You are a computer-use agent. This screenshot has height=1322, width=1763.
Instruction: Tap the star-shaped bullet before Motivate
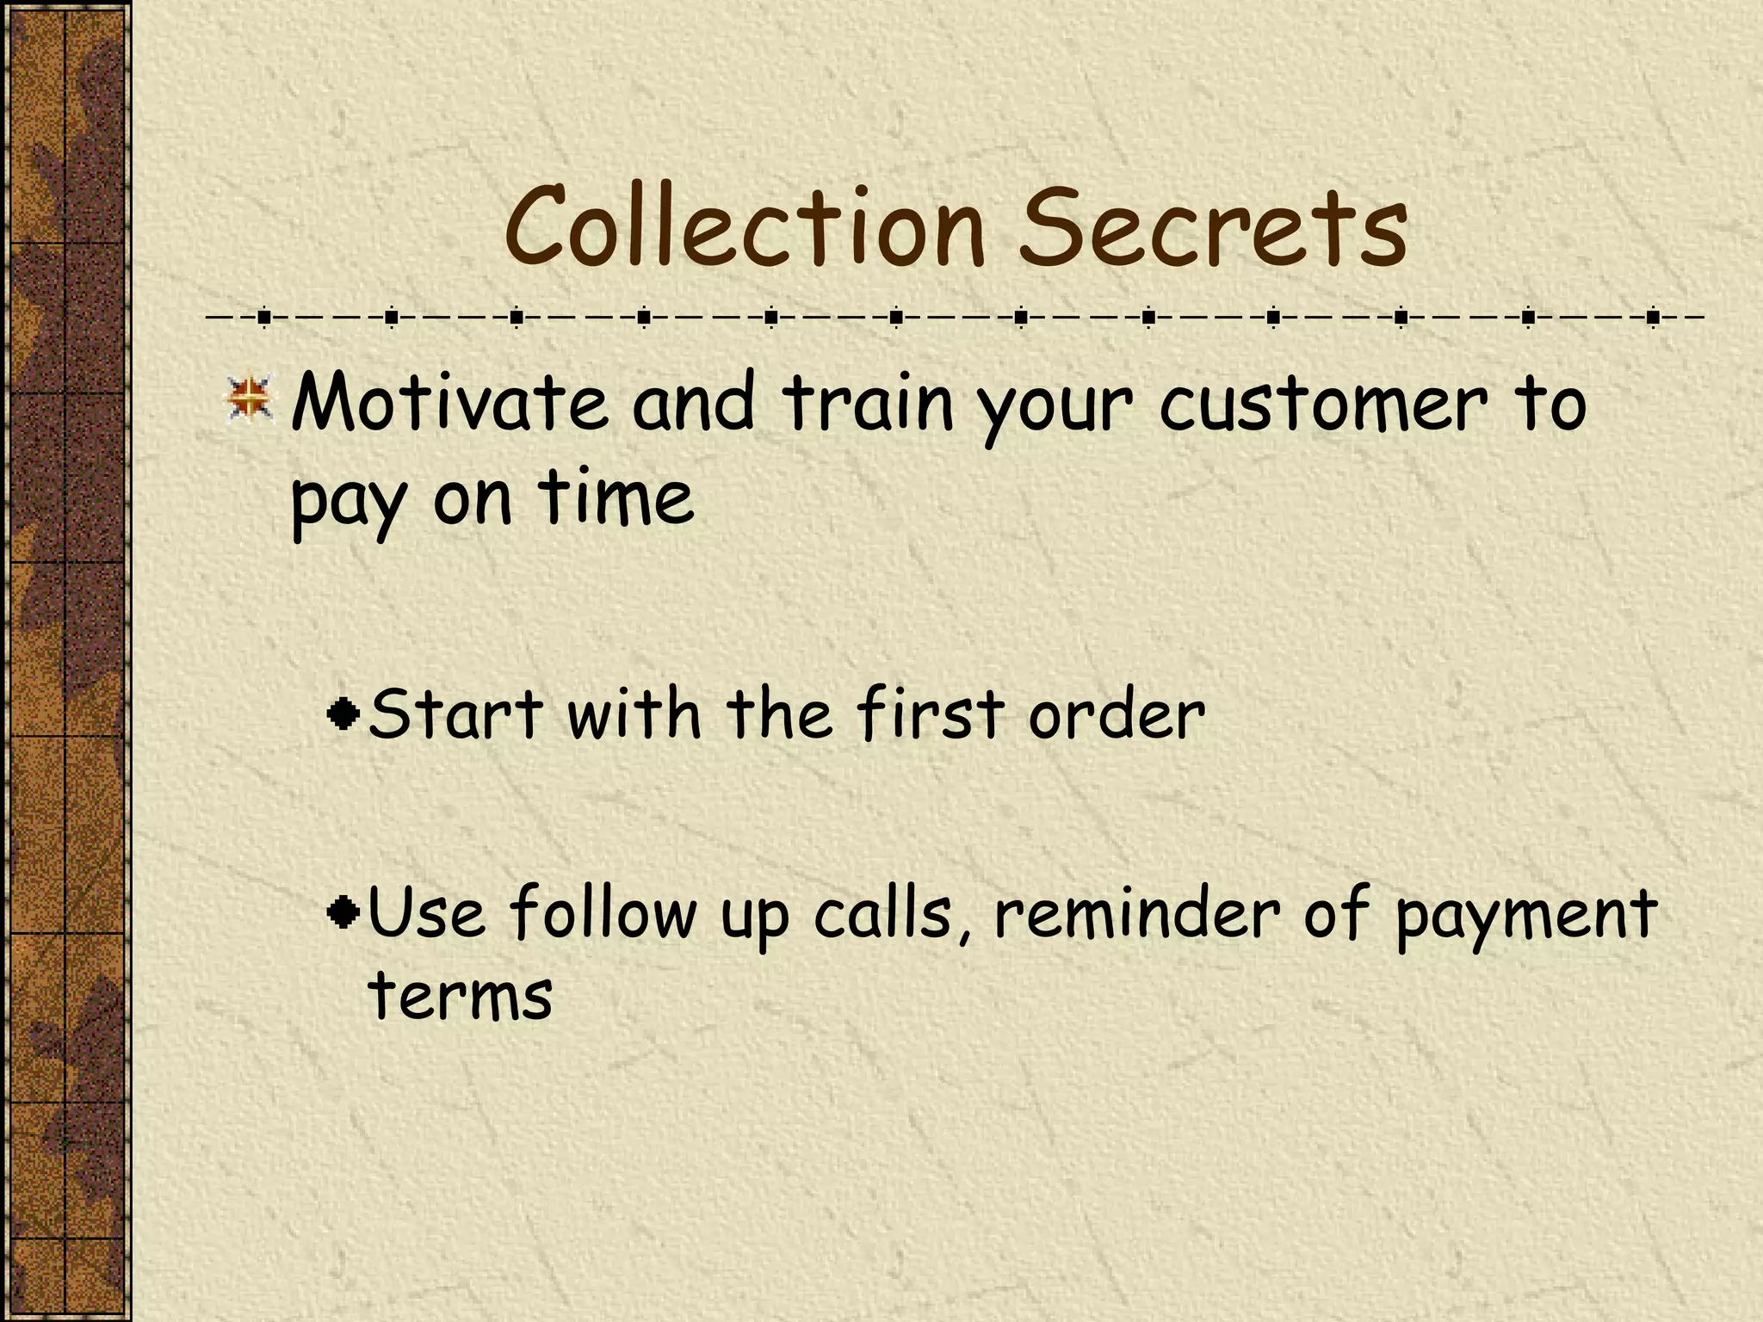[x=250, y=400]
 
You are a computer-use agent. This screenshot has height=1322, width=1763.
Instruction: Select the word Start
[x=455, y=714]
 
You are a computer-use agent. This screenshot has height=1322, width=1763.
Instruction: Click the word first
[x=931, y=714]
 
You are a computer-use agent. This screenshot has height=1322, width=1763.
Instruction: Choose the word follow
[x=603, y=912]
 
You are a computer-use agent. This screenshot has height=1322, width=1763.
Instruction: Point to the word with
[x=634, y=714]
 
